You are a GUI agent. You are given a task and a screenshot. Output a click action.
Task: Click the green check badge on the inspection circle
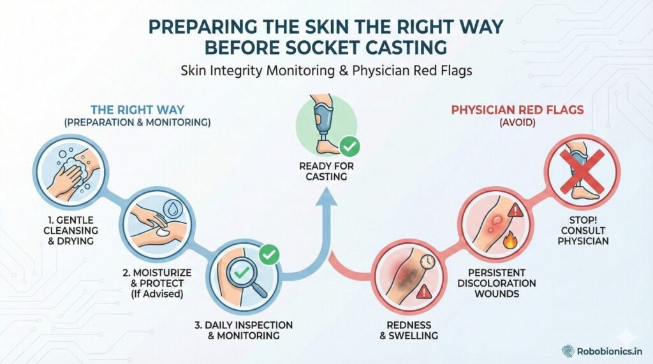pyautogui.click(x=269, y=255)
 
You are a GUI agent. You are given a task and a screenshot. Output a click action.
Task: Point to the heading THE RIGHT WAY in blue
pyautogui.click(x=137, y=109)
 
